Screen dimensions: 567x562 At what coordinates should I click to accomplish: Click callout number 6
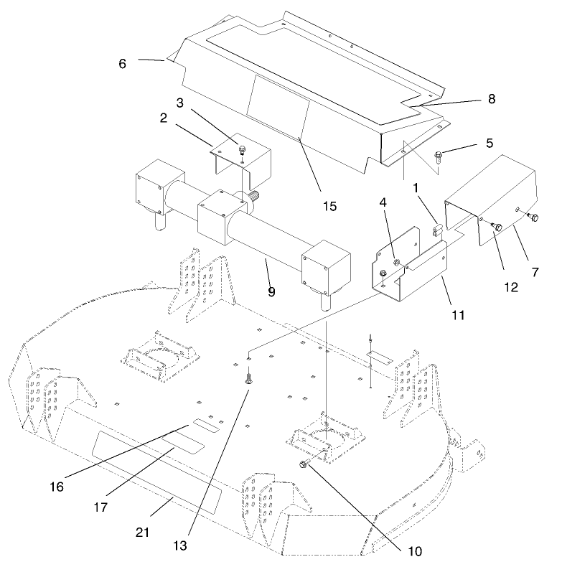pyautogui.click(x=123, y=63)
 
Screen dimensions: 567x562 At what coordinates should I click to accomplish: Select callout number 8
pyautogui.click(x=492, y=99)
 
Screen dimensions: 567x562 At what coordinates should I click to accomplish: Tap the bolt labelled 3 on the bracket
pyautogui.click(x=243, y=149)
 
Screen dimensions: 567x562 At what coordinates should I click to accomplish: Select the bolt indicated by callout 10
pyautogui.click(x=304, y=467)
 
